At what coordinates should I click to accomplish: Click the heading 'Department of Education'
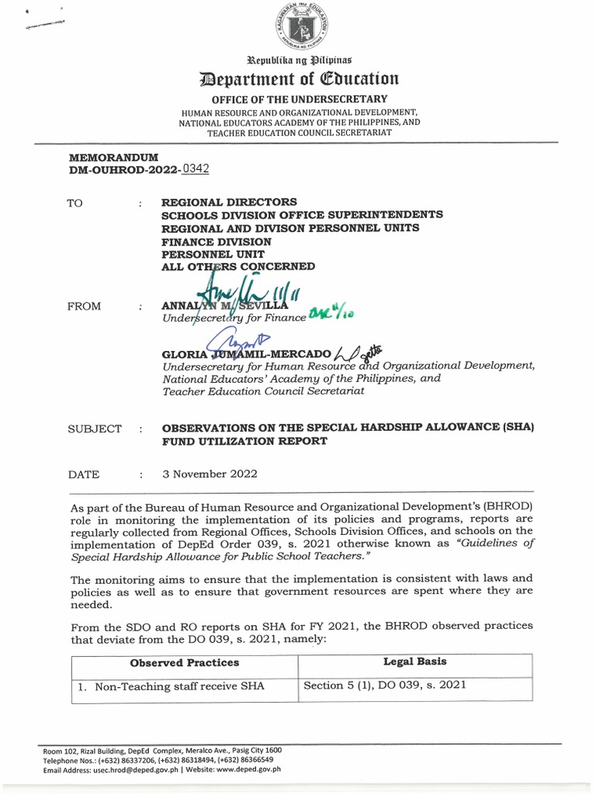[299, 78]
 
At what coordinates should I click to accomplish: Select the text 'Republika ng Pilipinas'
[299, 59]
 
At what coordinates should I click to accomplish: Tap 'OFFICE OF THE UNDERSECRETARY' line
[300, 99]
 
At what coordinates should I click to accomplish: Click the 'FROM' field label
[85, 306]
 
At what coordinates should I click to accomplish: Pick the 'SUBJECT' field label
[95, 429]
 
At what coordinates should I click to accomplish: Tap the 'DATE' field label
[83, 474]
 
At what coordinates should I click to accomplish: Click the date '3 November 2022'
[210, 474]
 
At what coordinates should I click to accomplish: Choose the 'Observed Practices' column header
[184, 663]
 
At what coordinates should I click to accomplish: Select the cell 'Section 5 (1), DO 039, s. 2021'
[385, 685]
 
